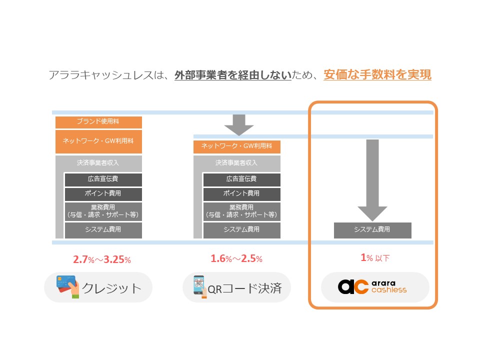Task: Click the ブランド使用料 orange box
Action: pyautogui.click(x=98, y=122)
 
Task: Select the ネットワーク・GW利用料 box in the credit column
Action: pyautogui.click(x=98, y=141)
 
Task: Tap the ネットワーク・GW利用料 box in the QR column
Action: pyautogui.click(x=237, y=146)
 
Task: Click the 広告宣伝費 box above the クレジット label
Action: pyautogui.click(x=103, y=179)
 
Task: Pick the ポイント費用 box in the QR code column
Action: pyautogui.click(x=241, y=194)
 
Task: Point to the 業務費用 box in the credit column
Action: pyautogui.click(x=103, y=211)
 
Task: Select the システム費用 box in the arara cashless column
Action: pyautogui.click(x=372, y=230)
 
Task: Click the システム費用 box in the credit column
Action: pyautogui.click(x=103, y=230)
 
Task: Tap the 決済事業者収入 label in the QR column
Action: pyautogui.click(x=237, y=163)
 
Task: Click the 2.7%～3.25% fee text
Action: pyautogui.click(x=102, y=259)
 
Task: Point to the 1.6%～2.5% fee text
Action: pyautogui.click(x=236, y=259)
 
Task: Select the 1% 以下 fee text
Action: pyautogui.click(x=375, y=258)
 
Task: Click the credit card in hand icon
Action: pyautogui.click(x=68, y=286)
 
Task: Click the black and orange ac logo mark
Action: pyautogui.click(x=353, y=287)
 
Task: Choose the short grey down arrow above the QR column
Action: pyautogui.click(x=239, y=125)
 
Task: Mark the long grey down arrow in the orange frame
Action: pyautogui.click(x=372, y=179)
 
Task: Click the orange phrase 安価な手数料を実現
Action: pyautogui.click(x=377, y=75)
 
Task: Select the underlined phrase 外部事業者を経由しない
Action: pyautogui.click(x=232, y=75)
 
